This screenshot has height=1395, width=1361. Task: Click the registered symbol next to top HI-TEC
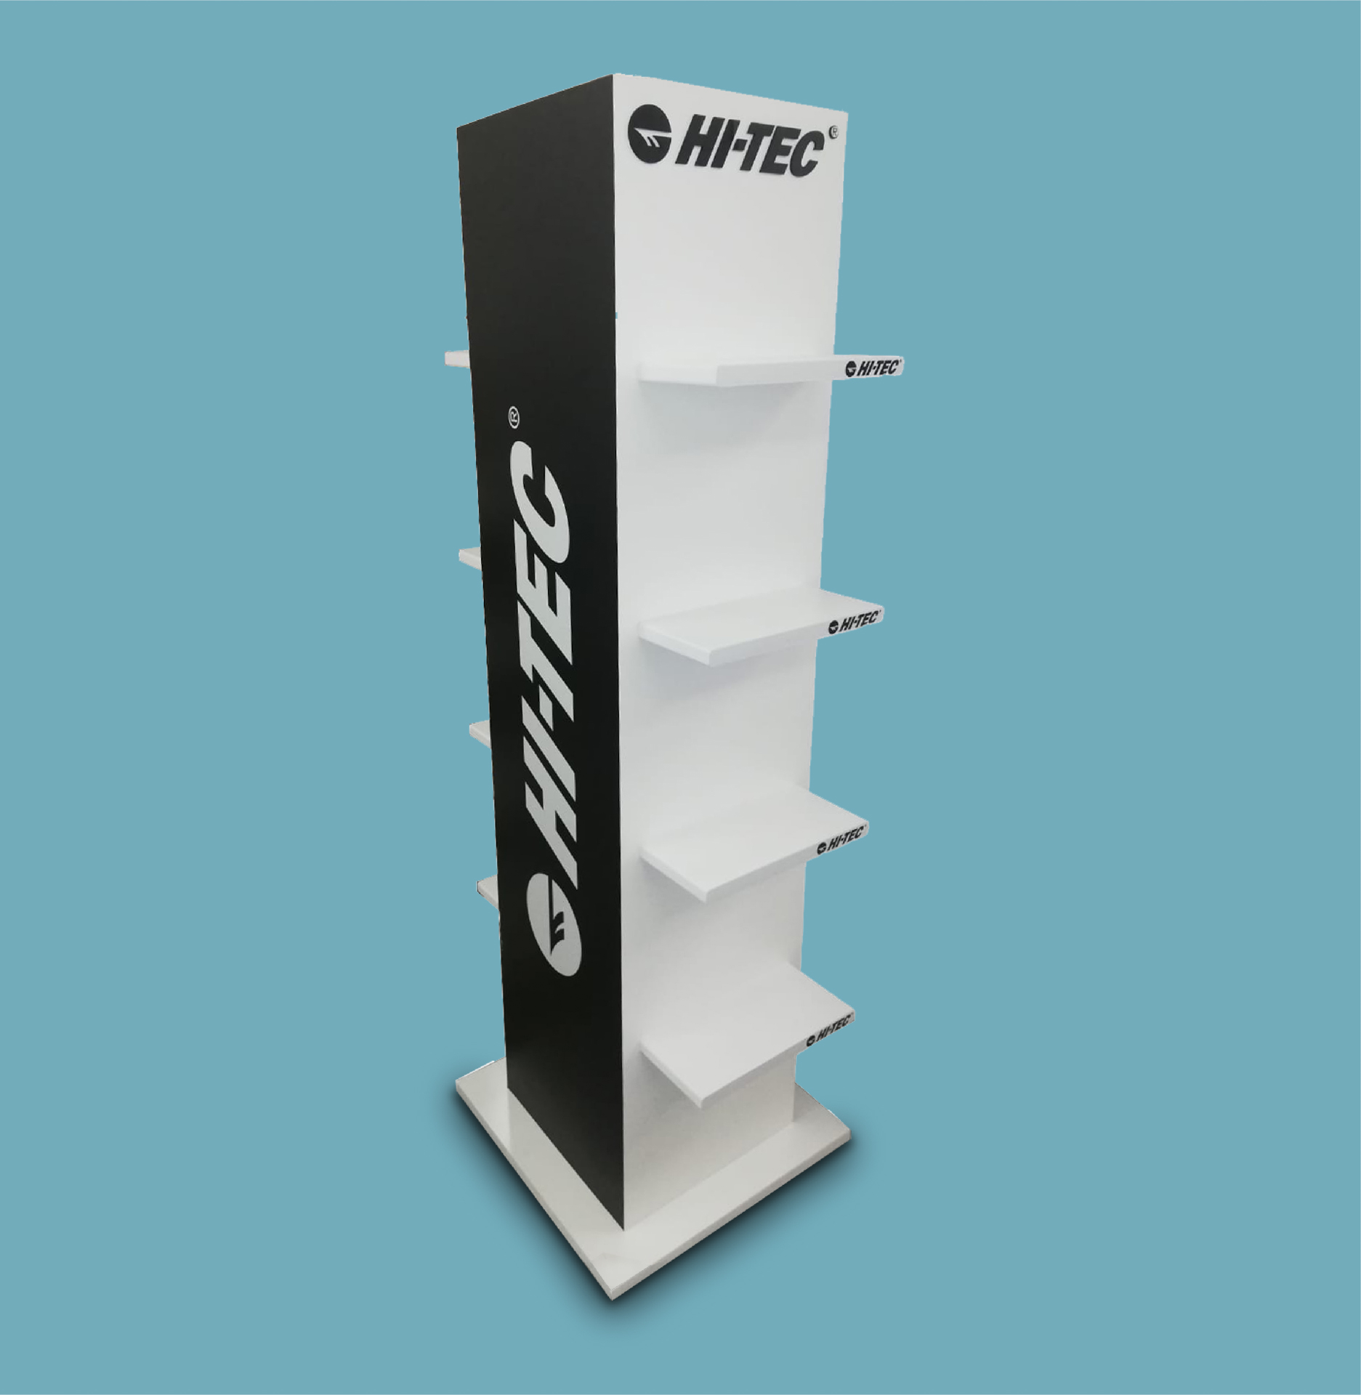click(836, 134)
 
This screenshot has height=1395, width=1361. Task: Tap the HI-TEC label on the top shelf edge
click(871, 368)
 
